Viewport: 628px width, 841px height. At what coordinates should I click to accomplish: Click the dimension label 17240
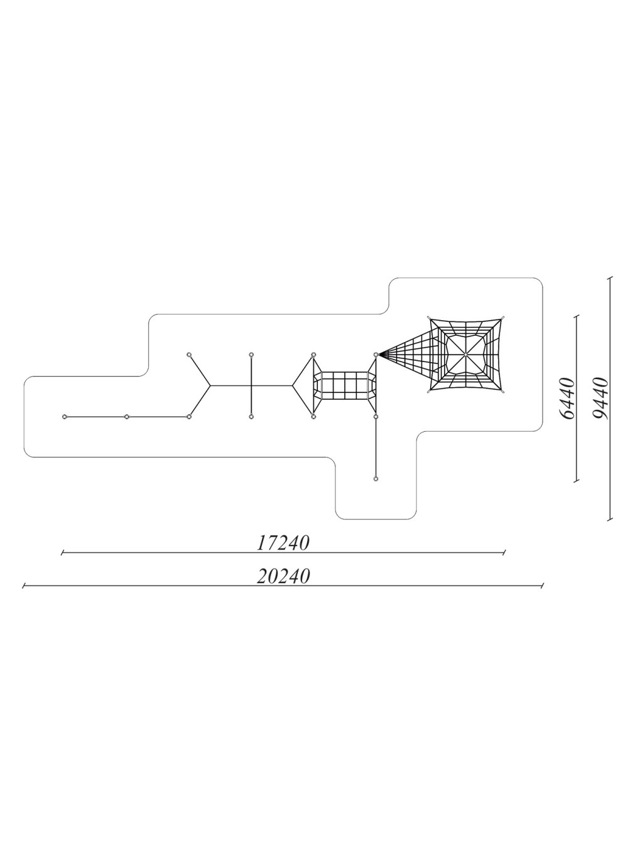click(x=283, y=543)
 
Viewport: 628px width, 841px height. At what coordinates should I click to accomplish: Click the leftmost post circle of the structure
click(x=65, y=416)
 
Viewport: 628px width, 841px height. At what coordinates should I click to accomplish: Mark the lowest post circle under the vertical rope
click(x=376, y=478)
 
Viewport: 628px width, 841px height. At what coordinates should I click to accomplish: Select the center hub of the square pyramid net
click(x=465, y=355)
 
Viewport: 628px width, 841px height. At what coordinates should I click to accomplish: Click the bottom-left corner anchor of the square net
click(x=429, y=392)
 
